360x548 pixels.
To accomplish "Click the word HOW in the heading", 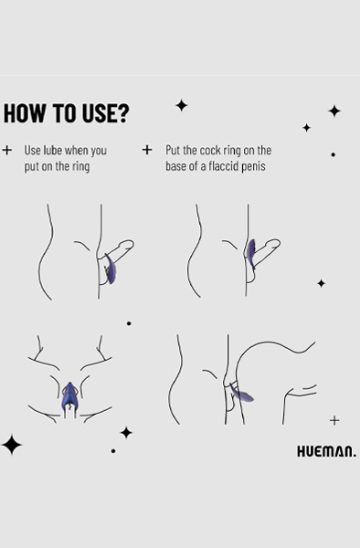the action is click(x=25, y=113).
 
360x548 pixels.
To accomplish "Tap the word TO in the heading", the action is click(x=66, y=113).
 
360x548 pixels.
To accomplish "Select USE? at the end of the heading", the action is click(x=106, y=113).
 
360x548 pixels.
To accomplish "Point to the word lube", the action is click(x=53, y=151).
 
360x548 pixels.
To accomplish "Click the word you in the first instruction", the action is click(x=99, y=152).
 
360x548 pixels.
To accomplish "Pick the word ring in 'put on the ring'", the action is click(x=81, y=167).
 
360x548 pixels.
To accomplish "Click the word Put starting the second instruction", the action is click(x=173, y=151).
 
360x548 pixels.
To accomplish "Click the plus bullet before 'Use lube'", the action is click(x=7, y=150).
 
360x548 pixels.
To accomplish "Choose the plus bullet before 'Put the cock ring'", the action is click(x=147, y=150).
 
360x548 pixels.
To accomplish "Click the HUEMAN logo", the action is click(x=327, y=451).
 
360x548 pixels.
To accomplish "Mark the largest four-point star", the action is click(x=12, y=445).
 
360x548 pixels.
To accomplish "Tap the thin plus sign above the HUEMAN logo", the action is click(x=334, y=420).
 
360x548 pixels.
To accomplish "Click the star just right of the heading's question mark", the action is click(x=182, y=105).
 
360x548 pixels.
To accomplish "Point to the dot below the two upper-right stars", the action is click(x=334, y=154).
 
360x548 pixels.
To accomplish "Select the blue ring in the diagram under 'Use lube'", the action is click(x=110, y=269).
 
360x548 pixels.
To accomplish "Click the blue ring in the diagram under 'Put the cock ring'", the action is click(x=251, y=253).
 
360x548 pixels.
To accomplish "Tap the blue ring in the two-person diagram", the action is click(x=242, y=393).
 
